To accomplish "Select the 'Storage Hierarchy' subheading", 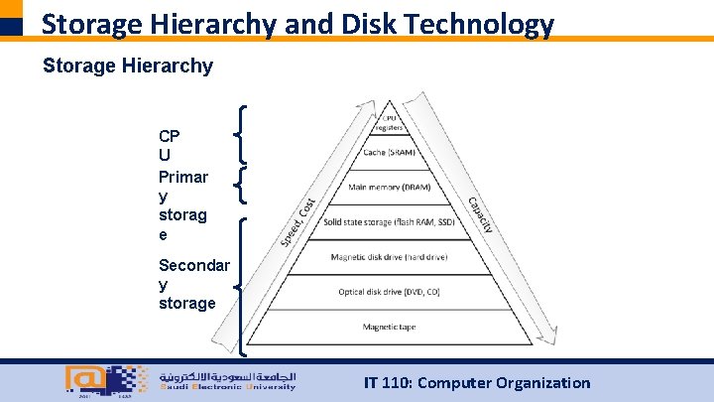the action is [x=127, y=67].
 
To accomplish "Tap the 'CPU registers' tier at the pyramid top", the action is [x=389, y=122].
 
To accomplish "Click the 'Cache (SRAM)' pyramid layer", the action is [x=389, y=153].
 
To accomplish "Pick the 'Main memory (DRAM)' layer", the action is [x=389, y=188].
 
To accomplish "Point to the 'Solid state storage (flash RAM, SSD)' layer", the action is [x=389, y=222].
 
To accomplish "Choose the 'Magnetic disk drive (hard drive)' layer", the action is [x=389, y=257].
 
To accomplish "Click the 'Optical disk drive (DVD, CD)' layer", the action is [x=389, y=292].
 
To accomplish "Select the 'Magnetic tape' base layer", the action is [x=389, y=327].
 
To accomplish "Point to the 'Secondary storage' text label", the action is [x=193, y=284].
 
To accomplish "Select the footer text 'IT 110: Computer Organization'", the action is [x=477, y=382].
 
